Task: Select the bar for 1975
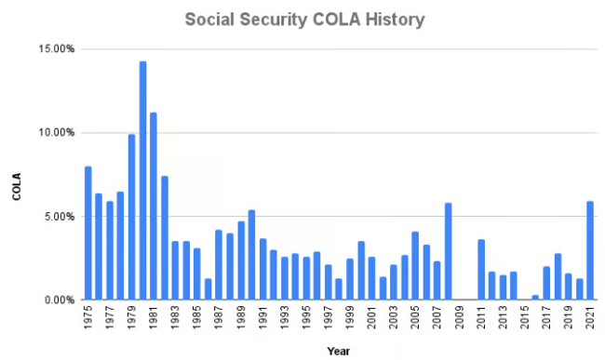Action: point(87,233)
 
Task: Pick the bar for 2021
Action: point(590,251)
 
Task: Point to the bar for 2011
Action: point(480,270)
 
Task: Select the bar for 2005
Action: point(415,266)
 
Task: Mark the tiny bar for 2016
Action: point(535,298)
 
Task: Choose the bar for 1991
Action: point(262,270)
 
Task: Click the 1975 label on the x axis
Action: point(87,319)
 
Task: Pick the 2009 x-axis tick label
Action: point(459,319)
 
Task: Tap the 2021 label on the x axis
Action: point(590,319)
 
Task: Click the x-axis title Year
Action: point(339,351)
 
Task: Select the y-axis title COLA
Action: point(17,189)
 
